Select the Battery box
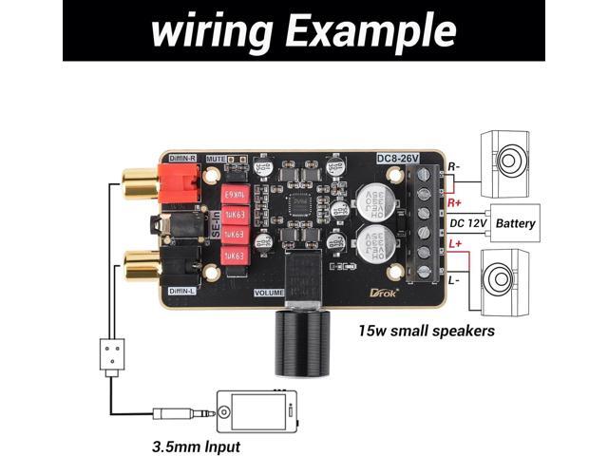point(516,224)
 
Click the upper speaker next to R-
point(512,161)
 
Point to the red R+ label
point(455,202)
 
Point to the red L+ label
point(455,246)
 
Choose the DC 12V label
point(468,224)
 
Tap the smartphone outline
point(256,412)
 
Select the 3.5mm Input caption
point(197,446)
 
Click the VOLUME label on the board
point(270,293)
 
